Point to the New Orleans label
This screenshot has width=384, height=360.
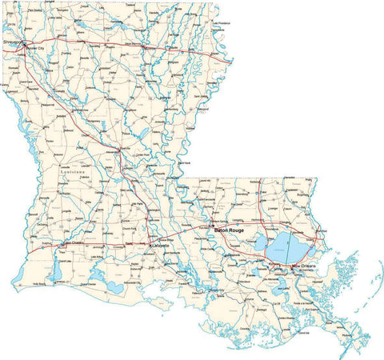click(304, 265)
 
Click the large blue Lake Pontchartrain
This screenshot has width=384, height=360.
click(280, 244)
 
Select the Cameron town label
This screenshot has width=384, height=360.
click(60, 282)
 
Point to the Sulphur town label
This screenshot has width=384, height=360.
click(47, 243)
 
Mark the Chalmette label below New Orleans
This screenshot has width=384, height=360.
click(308, 272)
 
